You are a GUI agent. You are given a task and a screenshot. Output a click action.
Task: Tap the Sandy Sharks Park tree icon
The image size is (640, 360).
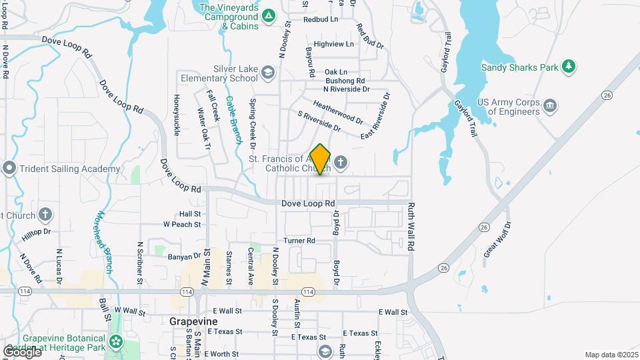(x=568, y=66)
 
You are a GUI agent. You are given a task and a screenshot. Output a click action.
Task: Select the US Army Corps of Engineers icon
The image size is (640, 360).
(x=551, y=105)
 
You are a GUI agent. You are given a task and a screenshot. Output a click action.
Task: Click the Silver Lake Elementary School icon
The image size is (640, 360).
(x=267, y=72)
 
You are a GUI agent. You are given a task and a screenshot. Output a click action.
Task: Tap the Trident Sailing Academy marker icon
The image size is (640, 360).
(x=9, y=168)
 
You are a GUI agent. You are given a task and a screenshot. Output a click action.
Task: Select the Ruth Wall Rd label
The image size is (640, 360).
(x=411, y=227)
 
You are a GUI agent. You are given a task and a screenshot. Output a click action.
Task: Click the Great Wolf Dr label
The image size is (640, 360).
(x=499, y=239)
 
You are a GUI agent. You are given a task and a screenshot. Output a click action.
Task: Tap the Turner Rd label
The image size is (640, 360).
(x=299, y=240)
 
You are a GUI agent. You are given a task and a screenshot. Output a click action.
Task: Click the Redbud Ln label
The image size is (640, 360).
(x=321, y=19)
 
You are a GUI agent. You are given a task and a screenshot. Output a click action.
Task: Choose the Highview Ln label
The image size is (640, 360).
(x=334, y=44)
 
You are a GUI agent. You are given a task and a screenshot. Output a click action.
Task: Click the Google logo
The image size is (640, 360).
(x=21, y=351)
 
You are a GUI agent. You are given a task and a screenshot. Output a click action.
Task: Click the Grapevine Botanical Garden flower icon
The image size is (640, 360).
(x=117, y=341)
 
